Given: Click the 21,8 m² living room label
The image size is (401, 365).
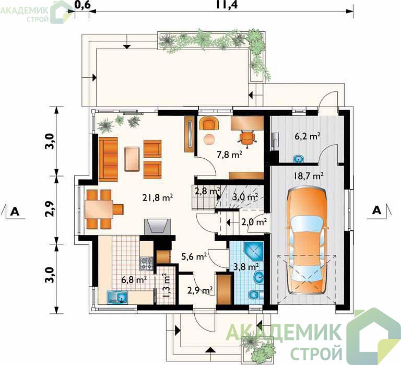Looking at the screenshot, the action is coord(157,198).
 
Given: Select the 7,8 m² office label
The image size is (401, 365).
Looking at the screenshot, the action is coord(229,155).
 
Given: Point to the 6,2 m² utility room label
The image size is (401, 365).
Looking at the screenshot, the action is coord(308,136).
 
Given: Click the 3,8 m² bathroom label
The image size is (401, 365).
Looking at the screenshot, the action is coord(246,267).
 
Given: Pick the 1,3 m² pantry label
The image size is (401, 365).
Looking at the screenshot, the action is coord(166,285).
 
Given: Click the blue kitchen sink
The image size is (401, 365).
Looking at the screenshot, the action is coord(118,297).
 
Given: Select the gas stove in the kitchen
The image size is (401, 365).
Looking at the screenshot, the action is coord(146,264).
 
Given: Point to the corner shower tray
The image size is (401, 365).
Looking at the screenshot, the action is coord(253,252).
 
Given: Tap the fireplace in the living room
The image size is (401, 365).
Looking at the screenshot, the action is coord(157,227).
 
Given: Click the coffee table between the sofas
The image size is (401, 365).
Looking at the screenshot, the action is coord(132,159).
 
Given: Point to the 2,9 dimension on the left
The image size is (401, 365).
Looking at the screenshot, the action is coord(51,209).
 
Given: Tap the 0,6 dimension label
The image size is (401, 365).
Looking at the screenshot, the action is coord(82,5).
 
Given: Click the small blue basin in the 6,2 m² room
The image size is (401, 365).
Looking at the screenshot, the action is coord(298,159).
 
